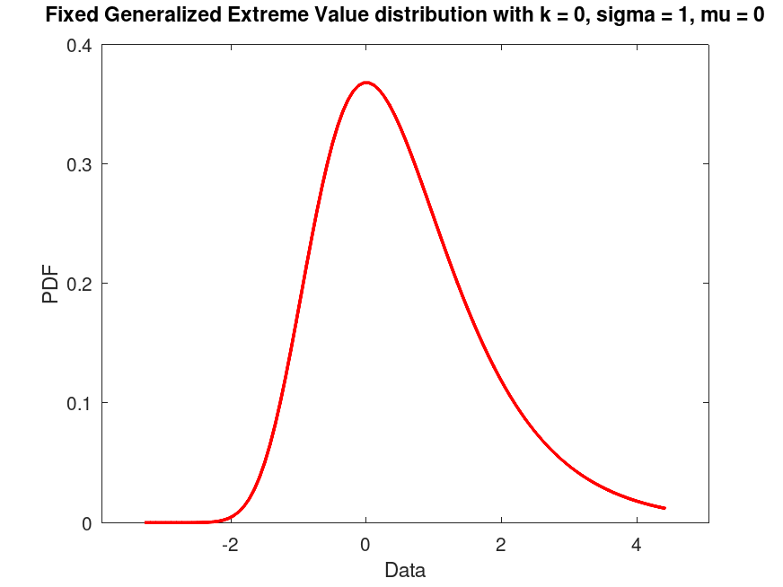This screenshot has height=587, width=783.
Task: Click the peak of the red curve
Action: [x=365, y=83]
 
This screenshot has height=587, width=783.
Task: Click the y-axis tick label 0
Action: [x=86, y=522]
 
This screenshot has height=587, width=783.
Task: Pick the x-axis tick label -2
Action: [x=230, y=545]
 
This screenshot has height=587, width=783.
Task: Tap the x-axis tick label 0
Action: [x=365, y=545]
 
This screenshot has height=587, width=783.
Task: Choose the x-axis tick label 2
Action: [x=501, y=545]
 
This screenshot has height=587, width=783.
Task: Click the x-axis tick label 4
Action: [x=637, y=545]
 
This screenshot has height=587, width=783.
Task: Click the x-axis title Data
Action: [x=405, y=570]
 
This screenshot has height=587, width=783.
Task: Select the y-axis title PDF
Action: [x=51, y=284]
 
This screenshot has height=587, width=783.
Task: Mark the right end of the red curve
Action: [x=664, y=508]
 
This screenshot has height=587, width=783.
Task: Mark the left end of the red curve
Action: [x=145, y=521]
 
